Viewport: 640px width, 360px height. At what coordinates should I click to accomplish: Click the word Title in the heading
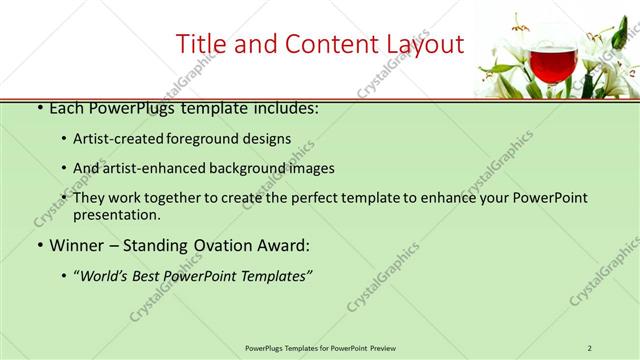[200, 44]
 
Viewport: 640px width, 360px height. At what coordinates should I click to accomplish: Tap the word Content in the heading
[316, 44]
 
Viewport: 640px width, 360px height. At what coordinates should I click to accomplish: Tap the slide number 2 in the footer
[590, 347]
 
